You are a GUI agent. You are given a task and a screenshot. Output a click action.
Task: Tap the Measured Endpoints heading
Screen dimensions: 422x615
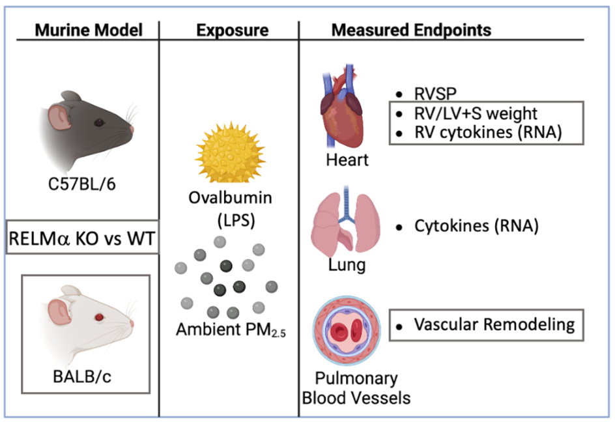(x=411, y=29)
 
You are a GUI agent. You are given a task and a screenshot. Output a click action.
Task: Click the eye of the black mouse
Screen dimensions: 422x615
(x=98, y=122)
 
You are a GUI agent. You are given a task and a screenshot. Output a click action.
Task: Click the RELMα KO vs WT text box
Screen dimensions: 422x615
(x=81, y=239)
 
